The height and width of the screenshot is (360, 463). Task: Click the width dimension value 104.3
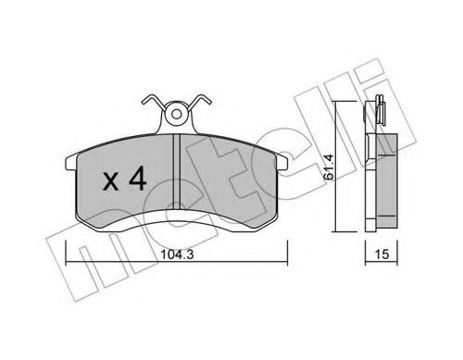177,254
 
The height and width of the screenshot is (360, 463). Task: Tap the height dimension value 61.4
329,167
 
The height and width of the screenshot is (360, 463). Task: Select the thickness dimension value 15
382,254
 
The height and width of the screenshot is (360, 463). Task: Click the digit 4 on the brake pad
138,178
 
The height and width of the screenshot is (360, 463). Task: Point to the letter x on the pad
110,181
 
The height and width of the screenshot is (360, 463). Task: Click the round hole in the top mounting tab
176,115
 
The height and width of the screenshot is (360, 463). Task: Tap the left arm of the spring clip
153,101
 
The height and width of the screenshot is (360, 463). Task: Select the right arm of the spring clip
199,101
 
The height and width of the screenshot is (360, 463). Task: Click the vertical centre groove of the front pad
176,171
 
